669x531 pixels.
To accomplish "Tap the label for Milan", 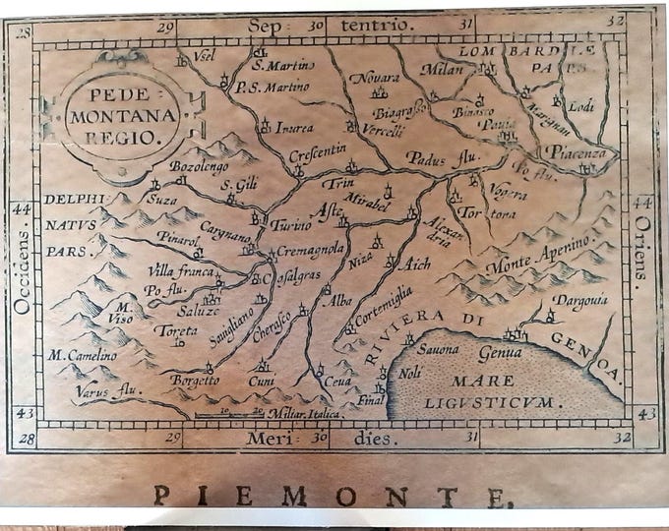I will point(441,69).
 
